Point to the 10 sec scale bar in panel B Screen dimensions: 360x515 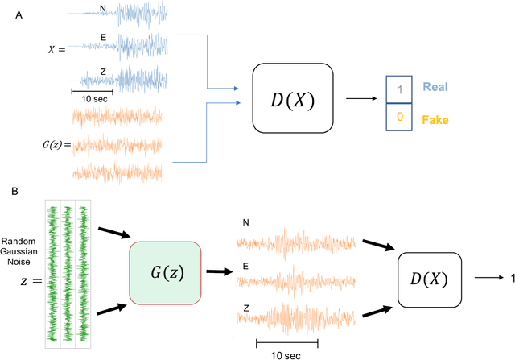(287, 345)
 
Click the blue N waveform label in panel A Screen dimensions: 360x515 (101, 8)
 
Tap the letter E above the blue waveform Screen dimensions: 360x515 (102, 37)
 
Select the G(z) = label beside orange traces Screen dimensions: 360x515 (56, 146)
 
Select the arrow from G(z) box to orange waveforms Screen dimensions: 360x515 (218, 271)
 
